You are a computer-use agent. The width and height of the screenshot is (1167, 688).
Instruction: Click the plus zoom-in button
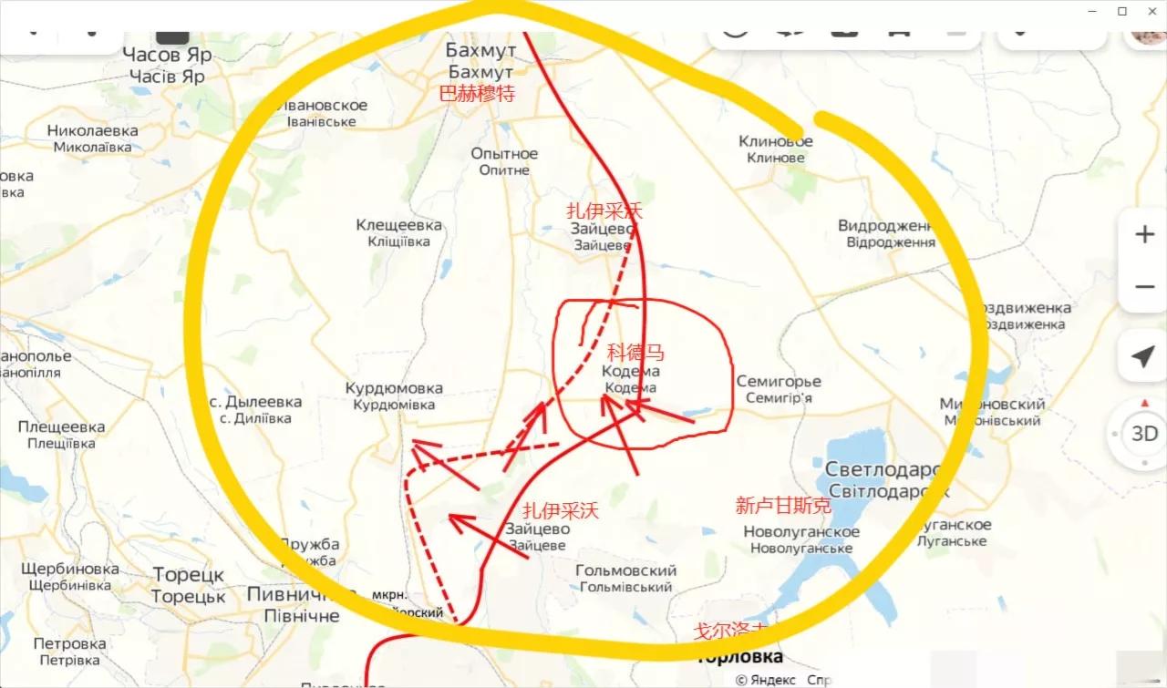1144,235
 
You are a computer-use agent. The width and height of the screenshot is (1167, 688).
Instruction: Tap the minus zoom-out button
1144,287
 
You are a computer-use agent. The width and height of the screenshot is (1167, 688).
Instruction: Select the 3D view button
1144,434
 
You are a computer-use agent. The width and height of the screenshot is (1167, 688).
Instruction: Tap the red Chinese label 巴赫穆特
477,93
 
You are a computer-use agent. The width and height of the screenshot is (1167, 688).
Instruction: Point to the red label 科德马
635,354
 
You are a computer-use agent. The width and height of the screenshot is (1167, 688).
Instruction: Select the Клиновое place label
775,141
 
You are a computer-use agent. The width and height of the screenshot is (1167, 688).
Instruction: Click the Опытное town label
504,154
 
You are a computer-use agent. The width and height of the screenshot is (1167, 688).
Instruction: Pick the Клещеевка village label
398,225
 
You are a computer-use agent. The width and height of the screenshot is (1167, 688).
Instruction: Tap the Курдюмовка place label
394,388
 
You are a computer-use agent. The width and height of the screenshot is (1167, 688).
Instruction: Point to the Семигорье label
779,382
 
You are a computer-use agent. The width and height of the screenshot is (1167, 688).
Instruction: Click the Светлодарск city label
882,469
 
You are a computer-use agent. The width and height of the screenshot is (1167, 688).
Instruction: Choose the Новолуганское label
801,532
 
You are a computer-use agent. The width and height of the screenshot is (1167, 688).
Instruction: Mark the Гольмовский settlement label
626,571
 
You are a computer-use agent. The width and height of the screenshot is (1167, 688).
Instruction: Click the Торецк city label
188,576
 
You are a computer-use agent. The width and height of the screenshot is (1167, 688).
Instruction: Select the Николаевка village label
93,130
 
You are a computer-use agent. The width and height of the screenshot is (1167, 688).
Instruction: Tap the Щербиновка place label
69,569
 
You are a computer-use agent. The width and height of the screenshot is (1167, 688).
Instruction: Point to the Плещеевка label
61,426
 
